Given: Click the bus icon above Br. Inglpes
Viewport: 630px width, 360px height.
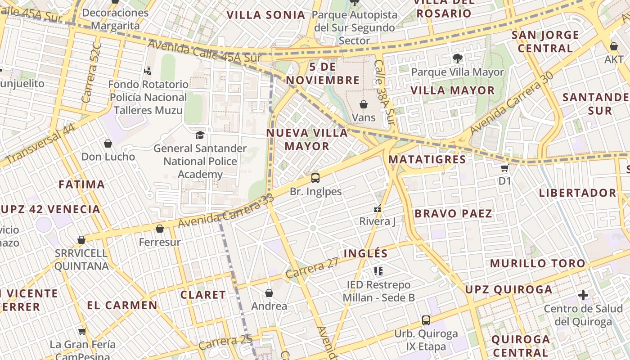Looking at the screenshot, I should pyautogui.click(x=315, y=178).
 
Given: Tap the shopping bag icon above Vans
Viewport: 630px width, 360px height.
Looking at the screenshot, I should pyautogui.click(x=364, y=104).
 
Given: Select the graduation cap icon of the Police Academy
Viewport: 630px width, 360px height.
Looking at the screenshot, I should pyautogui.click(x=200, y=135).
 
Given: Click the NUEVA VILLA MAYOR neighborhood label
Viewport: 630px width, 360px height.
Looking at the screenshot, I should pyautogui.click(x=307, y=139).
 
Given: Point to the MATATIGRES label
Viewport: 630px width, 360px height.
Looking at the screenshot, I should pyautogui.click(x=427, y=159).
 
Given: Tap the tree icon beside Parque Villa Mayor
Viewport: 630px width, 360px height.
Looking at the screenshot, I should pyautogui.click(x=457, y=58).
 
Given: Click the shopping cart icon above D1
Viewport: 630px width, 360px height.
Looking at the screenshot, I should pyautogui.click(x=505, y=167).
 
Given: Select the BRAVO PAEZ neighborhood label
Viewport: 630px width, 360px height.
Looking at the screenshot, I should pyautogui.click(x=453, y=213).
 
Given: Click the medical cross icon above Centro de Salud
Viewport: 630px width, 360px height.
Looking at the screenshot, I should pyautogui.click(x=583, y=295).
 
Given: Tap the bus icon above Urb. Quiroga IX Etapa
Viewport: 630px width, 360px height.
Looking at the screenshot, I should pyautogui.click(x=426, y=320).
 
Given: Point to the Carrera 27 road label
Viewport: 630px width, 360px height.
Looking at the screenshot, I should pyautogui.click(x=312, y=268).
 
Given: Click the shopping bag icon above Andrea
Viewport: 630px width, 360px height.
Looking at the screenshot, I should pyautogui.click(x=269, y=293).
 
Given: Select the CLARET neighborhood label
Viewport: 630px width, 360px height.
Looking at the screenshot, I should pyautogui.click(x=203, y=295).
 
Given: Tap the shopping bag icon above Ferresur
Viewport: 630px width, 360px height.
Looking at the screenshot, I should pyautogui.click(x=160, y=229).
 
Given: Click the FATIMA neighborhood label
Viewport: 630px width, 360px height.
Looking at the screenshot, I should pyautogui.click(x=82, y=184).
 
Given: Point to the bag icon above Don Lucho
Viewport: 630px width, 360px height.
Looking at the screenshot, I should pyautogui.click(x=108, y=144).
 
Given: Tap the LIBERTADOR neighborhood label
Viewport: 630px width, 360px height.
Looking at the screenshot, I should pyautogui.click(x=577, y=193).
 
